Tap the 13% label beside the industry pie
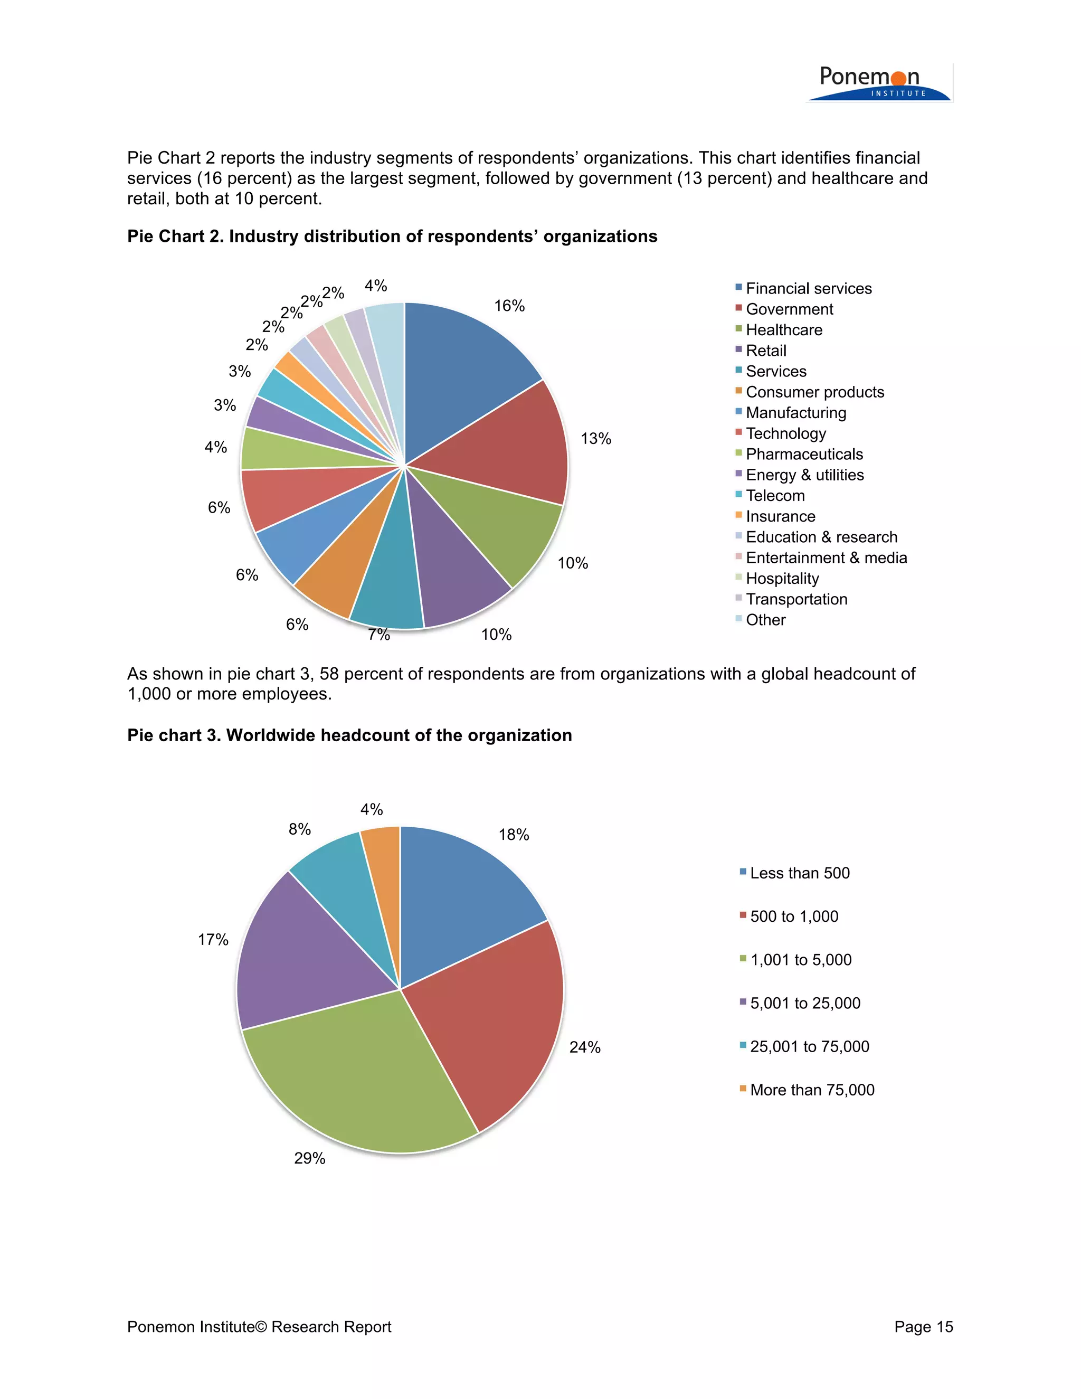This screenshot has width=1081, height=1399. point(595,439)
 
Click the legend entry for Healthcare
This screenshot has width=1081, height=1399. point(783,330)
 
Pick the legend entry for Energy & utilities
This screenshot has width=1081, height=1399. point(804,475)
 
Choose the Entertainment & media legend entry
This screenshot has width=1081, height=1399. point(826,557)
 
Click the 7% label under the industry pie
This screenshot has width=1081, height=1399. point(378,634)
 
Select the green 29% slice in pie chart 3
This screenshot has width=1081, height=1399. point(358,1083)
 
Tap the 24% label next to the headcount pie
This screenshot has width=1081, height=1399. point(585,1047)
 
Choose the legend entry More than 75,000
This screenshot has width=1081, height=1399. point(811,1090)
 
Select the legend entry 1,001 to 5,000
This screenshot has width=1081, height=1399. point(801,960)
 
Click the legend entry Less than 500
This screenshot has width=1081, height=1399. point(799,873)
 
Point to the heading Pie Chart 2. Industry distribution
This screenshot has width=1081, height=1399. point(392,237)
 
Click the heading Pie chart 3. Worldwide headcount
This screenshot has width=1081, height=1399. point(349,735)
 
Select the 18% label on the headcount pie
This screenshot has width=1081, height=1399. point(514,835)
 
